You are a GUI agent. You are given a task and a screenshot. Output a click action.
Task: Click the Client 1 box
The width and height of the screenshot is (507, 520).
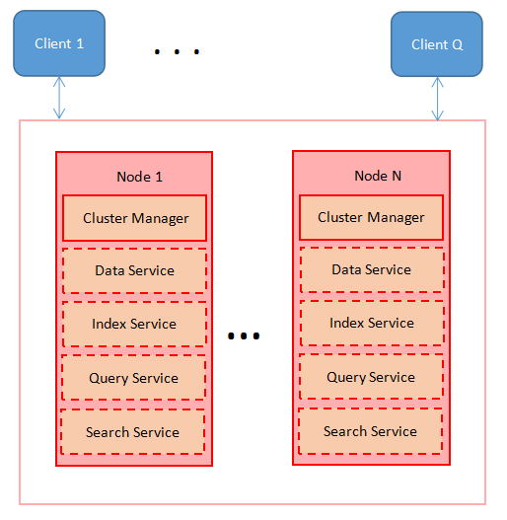pyautogui.click(x=58, y=43)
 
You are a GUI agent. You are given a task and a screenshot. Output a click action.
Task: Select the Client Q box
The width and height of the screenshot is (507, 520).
pyautogui.click(x=437, y=44)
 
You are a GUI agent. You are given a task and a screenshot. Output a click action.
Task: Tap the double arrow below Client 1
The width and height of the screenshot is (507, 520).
pyautogui.click(x=59, y=99)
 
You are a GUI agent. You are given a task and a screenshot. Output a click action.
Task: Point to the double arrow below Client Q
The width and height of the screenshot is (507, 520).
pyautogui.click(x=437, y=99)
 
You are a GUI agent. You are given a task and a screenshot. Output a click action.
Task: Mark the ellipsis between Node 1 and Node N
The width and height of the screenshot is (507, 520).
pyautogui.click(x=243, y=336)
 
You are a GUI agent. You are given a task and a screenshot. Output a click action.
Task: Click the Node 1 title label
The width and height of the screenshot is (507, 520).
pyautogui.click(x=139, y=177)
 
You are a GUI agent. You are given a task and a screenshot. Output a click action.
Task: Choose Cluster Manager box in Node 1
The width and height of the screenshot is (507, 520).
pyautogui.click(x=135, y=218)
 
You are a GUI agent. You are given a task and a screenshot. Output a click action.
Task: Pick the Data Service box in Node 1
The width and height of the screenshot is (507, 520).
pyautogui.click(x=134, y=270)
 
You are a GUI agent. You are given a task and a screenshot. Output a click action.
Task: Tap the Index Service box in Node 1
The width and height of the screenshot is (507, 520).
pyautogui.click(x=134, y=324)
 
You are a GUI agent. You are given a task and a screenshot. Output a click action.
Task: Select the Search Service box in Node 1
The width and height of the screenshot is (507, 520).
pyautogui.click(x=132, y=432)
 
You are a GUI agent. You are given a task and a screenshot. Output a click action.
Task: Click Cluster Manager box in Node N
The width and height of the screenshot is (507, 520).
pyautogui.click(x=371, y=217)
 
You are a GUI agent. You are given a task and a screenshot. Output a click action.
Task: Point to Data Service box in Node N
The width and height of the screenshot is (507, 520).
pyautogui.click(x=371, y=269)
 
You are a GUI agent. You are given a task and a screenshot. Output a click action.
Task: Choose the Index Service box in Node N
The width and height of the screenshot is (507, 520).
pyautogui.click(x=371, y=323)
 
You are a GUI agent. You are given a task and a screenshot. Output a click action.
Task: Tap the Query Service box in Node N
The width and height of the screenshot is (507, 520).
pyautogui.click(x=370, y=377)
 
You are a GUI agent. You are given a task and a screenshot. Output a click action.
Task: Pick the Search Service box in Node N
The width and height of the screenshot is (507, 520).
pyautogui.click(x=370, y=431)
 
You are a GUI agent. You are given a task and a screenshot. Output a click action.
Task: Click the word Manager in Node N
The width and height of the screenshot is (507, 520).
pyautogui.click(x=398, y=217)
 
